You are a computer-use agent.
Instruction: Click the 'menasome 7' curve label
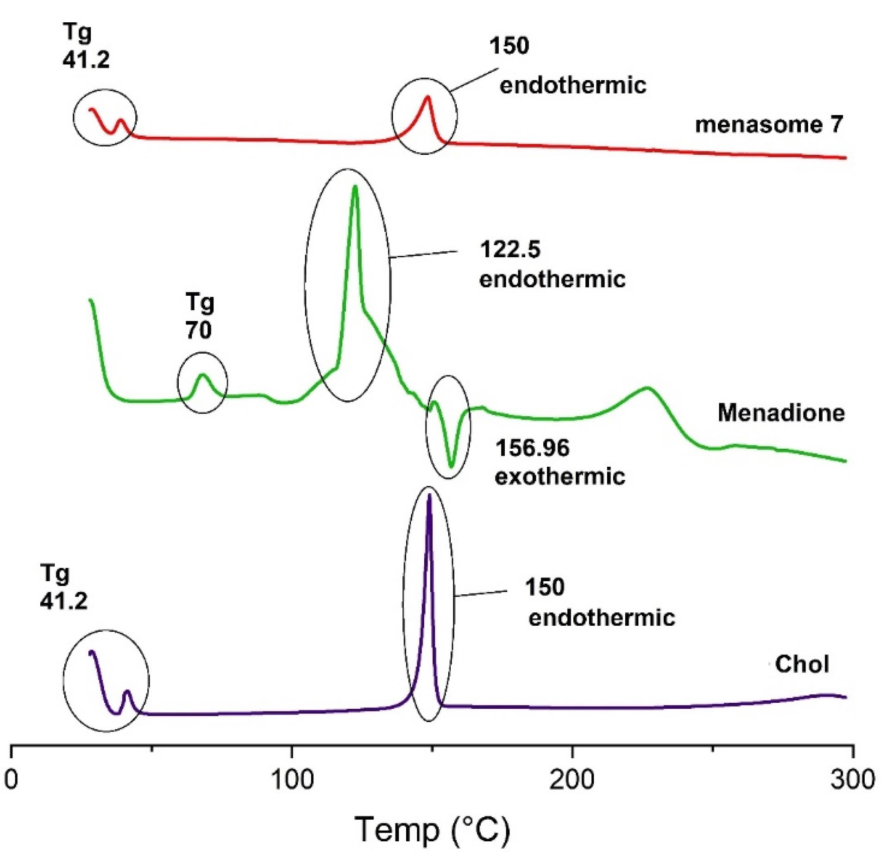pyautogui.click(x=769, y=125)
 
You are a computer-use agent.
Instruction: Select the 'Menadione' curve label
pyautogui.click(x=781, y=412)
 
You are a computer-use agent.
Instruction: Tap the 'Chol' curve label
pyautogui.click(x=802, y=664)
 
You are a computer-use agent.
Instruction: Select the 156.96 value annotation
pyautogui.click(x=532, y=448)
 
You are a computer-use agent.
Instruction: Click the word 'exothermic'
pyautogui.click(x=560, y=476)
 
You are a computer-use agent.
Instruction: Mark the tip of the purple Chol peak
pyautogui.click(x=429, y=495)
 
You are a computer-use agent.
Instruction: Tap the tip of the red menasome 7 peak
pyautogui.click(x=427, y=96)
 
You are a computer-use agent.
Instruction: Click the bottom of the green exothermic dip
pyautogui.click(x=452, y=466)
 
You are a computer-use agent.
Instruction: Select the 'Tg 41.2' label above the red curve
pyautogui.click(x=86, y=46)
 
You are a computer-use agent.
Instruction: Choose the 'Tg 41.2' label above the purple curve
pyautogui.click(x=63, y=587)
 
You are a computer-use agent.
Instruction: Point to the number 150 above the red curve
pyautogui.click(x=509, y=46)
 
